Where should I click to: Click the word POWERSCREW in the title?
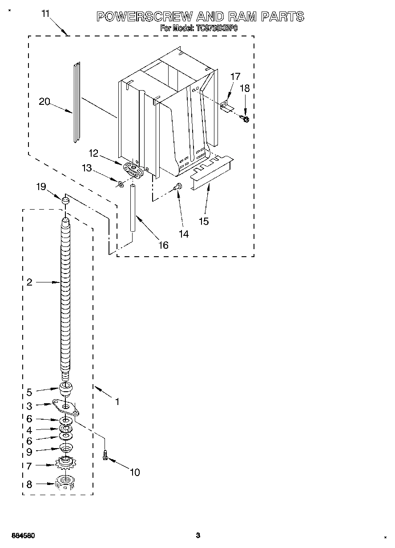[x=144, y=17]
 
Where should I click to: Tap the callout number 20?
[x=44, y=102]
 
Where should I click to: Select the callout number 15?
[x=203, y=221]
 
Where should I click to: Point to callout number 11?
[x=45, y=14]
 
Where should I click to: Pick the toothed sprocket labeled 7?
[x=66, y=465]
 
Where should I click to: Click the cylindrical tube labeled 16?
[x=133, y=209]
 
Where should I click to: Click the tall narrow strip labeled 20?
[x=77, y=102]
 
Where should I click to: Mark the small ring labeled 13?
[x=121, y=183]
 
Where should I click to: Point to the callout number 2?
[x=29, y=282]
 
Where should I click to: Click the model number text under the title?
[x=199, y=28]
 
